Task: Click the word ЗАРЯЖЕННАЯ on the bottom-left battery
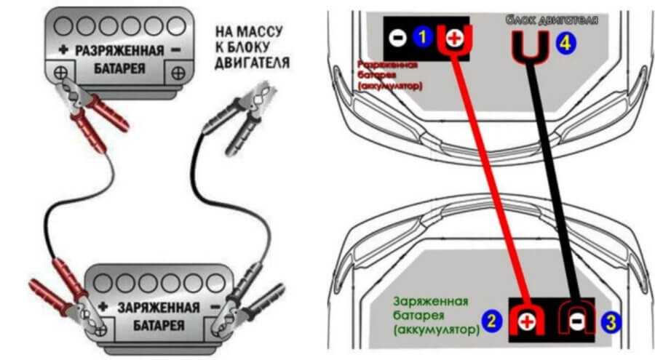(159, 308)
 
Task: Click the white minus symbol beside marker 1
(398, 36)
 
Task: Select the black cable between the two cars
(553, 182)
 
